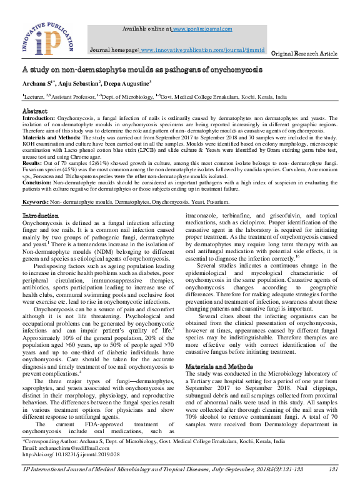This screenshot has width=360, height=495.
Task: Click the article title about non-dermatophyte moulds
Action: tap(142, 69)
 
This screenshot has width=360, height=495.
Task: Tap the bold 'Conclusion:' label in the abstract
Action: tap(37, 183)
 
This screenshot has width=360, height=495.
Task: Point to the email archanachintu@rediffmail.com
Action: tap(69, 466)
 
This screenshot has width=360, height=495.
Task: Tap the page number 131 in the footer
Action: tap(332, 486)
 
